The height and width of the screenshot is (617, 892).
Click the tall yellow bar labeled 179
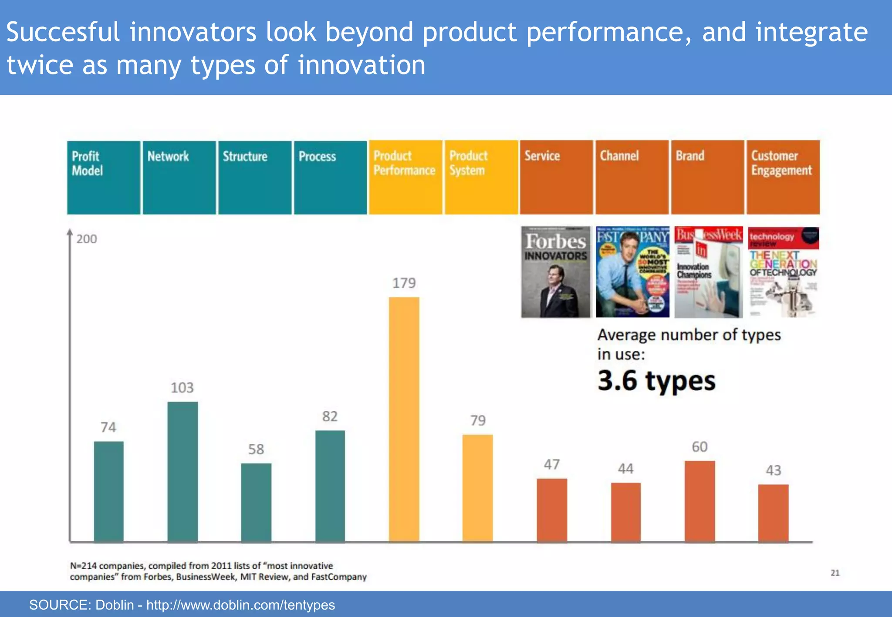[404, 419]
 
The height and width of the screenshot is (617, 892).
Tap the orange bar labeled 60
[699, 501]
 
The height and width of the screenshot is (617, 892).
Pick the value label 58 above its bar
[256, 449]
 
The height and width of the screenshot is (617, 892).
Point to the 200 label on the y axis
[87, 239]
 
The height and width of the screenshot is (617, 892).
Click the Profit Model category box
[104, 177]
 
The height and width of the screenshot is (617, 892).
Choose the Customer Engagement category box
[783, 177]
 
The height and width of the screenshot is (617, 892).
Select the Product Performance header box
[405, 177]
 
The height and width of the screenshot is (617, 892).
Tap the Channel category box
[632, 177]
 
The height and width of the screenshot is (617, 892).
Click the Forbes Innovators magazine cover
[556, 272]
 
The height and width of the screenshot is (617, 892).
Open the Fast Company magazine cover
[632, 272]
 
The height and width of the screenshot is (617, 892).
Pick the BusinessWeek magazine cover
[708, 272]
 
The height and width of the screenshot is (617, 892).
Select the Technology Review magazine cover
[783, 272]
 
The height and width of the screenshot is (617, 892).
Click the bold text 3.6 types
[656, 381]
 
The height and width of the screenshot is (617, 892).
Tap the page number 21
[835, 573]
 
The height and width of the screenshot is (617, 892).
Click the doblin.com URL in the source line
[240, 605]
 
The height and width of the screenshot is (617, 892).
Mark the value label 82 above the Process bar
[330, 416]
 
